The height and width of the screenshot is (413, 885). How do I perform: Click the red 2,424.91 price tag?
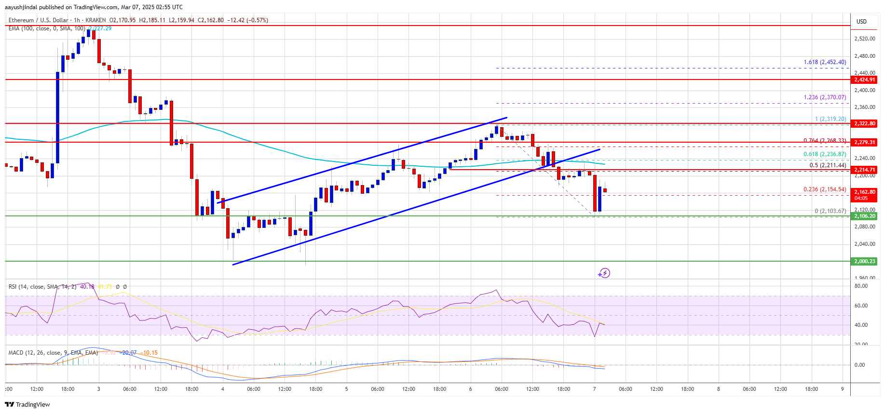864,80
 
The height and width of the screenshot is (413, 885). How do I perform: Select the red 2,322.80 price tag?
864,124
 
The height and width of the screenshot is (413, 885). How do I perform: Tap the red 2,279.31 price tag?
864,142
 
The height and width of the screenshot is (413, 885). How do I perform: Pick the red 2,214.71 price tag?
864,170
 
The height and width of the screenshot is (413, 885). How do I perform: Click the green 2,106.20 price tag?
864,216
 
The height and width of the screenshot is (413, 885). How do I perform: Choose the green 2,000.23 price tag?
864,261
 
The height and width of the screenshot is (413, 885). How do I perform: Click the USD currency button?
861,22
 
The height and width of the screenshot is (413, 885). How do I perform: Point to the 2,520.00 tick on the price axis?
864,39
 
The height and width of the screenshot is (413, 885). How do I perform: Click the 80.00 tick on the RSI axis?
861,286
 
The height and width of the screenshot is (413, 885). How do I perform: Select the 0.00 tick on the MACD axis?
859,365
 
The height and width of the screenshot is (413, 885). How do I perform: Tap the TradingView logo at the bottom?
28,404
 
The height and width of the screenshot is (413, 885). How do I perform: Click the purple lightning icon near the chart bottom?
604,273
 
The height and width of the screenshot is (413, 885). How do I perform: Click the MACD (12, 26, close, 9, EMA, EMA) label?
53,353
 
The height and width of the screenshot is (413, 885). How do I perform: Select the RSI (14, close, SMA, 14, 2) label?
42,287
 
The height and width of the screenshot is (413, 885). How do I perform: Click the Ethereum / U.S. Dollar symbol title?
38,20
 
